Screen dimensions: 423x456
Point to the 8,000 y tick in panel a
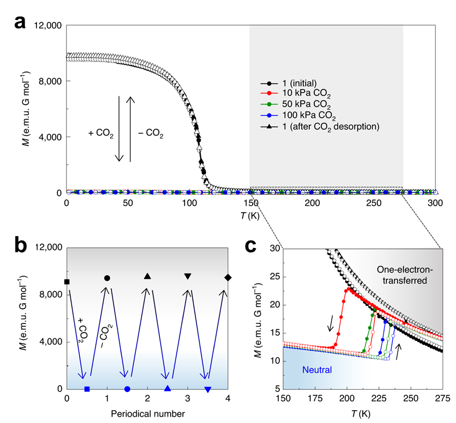pyautogui.click(x=50, y=81)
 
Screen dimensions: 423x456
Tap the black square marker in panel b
pyautogui.click(x=67, y=282)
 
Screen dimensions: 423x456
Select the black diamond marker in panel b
pyautogui.click(x=229, y=277)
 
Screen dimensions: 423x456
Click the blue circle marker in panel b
pyautogui.click(x=127, y=389)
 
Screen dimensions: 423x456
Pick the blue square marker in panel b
pyautogui.click(x=87, y=389)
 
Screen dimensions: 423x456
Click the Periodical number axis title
pyautogui.click(x=148, y=413)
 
